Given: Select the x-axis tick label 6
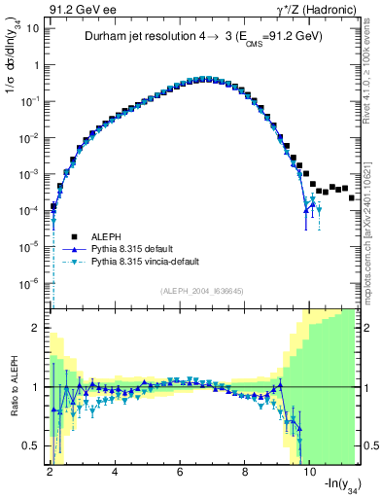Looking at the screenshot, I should tap(181, 472).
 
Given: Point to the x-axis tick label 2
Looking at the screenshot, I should tap(50, 472).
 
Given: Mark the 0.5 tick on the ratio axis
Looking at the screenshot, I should tap(32, 445).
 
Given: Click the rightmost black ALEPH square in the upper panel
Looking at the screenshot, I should tap(351, 197).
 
